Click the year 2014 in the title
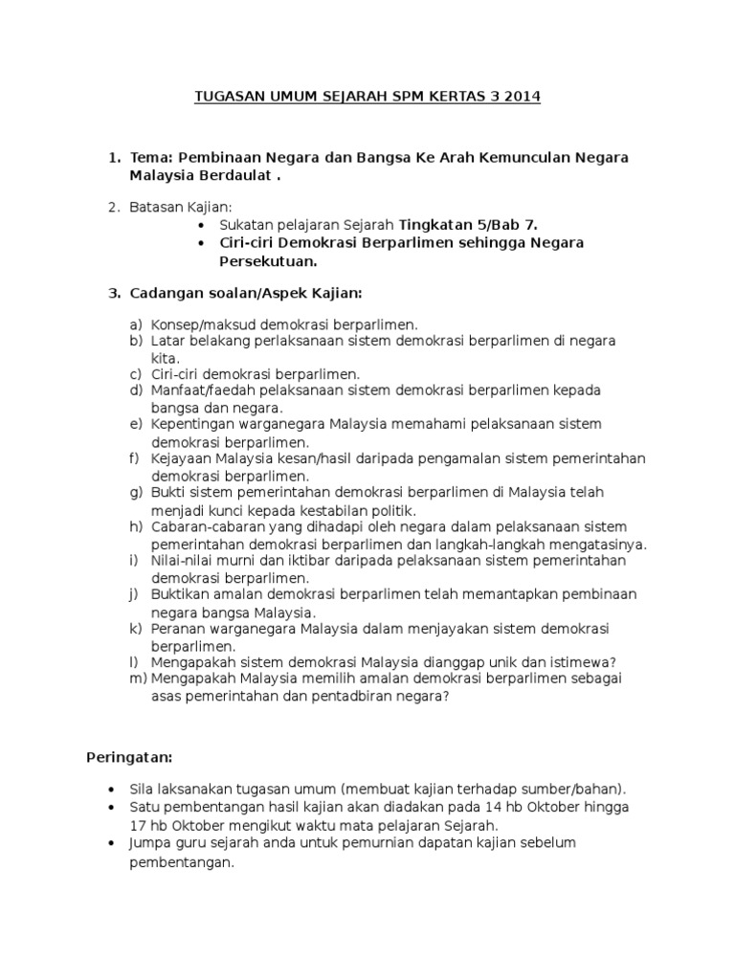[522, 98]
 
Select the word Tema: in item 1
[151, 157]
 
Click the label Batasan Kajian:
[181, 207]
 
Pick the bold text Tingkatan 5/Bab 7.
[468, 225]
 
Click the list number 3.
[112, 292]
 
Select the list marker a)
[135, 324]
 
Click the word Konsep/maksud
[198, 324]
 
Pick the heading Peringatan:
[129, 757]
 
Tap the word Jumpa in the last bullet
[149, 842]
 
